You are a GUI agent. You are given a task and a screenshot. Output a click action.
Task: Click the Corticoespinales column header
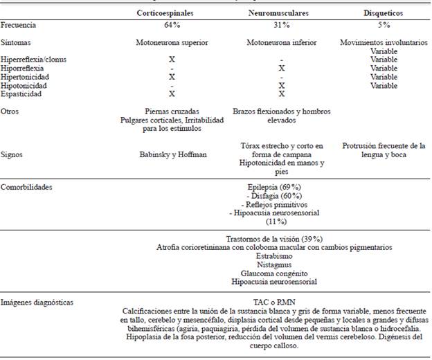pyautogui.click(x=172, y=13)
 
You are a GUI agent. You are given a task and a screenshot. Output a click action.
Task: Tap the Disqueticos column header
pyautogui.click(x=384, y=13)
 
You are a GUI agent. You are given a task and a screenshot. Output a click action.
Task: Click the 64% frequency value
pyautogui.click(x=172, y=25)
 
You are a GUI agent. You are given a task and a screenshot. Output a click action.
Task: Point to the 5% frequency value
pyautogui.click(x=384, y=25)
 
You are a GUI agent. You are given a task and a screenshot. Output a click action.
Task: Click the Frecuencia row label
pyautogui.click(x=19, y=25)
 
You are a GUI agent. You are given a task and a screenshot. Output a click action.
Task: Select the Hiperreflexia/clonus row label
pyautogui.click(x=34, y=60)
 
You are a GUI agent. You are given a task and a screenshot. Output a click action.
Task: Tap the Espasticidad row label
pyautogui.click(x=21, y=93)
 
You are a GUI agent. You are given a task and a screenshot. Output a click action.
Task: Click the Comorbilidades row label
pyautogui.click(x=27, y=187)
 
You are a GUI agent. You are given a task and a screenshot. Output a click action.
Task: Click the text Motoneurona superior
pyautogui.click(x=172, y=42)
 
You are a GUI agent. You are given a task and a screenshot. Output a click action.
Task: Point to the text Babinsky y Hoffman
pyautogui.click(x=172, y=155)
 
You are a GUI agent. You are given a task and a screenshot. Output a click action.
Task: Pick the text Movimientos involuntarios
pyautogui.click(x=384, y=42)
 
